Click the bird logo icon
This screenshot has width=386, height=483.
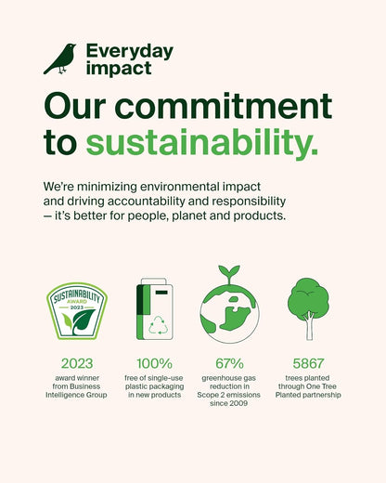(60, 59)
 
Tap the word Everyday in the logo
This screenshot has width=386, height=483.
(130, 52)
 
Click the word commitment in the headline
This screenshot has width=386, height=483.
(224, 106)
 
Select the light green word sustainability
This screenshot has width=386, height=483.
(202, 143)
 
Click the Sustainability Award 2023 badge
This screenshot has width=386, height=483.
(77, 310)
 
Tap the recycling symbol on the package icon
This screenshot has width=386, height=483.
(159, 325)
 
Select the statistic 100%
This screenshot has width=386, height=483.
(154, 363)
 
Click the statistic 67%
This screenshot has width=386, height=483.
(229, 363)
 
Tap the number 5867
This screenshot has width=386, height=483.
(308, 363)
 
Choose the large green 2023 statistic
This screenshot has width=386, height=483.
(77, 363)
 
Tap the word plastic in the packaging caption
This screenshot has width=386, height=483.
(136, 386)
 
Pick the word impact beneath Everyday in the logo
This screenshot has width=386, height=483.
(119, 69)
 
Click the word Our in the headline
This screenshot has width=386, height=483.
(75, 106)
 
